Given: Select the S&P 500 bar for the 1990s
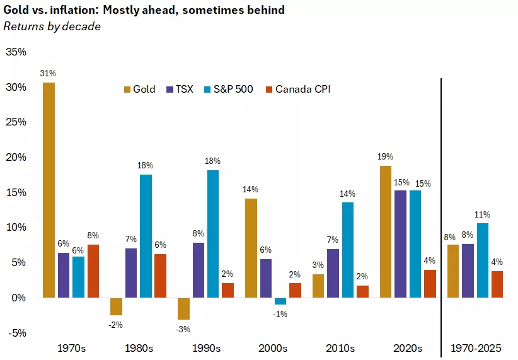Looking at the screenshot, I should coord(213,233).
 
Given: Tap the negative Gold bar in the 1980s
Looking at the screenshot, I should coord(115,306).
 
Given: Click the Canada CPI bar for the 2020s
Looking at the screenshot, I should coord(429,284).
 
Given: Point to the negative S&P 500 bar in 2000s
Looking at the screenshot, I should coord(280,301).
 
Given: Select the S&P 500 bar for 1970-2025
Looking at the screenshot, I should coord(482,260).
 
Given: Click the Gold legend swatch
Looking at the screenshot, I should coord(127,90).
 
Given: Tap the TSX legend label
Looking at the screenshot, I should coord(185,90).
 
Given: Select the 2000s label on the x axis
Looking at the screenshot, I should coord(273,348).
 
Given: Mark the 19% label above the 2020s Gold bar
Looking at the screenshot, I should coord(385,157).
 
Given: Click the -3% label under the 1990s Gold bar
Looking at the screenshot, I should coord(183,329).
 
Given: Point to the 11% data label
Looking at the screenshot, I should coord(483,214).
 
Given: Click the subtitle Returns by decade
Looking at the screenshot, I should coord(52,26).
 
